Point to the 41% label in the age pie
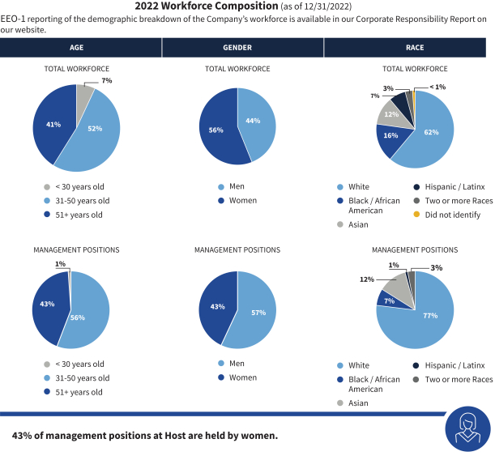tap(53, 125)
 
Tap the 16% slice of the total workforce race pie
tap(390, 136)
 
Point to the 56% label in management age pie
tap(77, 317)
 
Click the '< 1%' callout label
tap(437, 87)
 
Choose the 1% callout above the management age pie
tap(61, 264)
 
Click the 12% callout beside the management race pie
tap(366, 279)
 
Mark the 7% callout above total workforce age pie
tap(106, 82)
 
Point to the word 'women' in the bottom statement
tap(259, 436)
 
